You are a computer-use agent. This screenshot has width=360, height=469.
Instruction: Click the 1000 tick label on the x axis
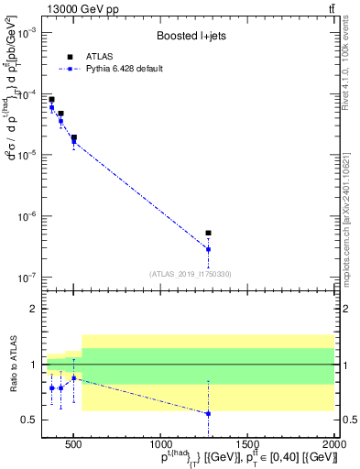160,443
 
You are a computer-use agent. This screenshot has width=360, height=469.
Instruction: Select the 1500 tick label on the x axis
247,443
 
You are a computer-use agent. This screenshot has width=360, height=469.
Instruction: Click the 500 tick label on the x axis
73,443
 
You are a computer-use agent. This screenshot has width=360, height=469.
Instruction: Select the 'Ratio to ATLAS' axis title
12,365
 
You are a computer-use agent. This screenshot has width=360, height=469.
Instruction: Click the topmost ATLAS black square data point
51,99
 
